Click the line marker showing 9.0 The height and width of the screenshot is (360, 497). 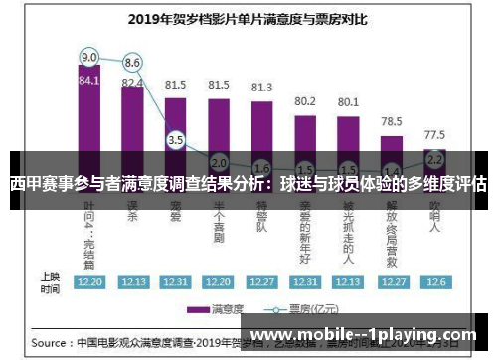(89, 57)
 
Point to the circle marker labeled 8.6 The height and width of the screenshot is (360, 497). (132, 64)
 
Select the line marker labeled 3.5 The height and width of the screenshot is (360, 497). (176, 140)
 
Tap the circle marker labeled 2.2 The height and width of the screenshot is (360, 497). (435, 158)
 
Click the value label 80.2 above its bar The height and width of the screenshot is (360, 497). (305, 101)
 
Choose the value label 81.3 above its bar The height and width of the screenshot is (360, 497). (261, 88)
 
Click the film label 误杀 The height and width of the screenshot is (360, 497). (132, 214)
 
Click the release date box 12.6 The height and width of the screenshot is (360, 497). (435, 282)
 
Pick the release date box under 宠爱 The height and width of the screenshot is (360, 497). (176, 282)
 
